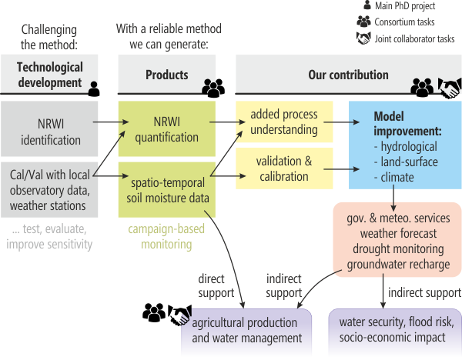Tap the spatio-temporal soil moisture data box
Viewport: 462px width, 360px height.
[167, 187]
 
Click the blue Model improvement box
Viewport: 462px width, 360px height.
[405, 146]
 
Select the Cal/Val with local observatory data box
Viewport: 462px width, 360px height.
[49, 188]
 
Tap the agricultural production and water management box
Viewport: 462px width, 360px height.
[246, 332]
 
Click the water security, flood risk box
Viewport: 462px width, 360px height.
[394, 332]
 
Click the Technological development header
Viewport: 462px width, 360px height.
[49, 75]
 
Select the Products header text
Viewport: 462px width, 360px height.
[166, 75]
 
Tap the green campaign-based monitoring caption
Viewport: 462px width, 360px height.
[167, 237]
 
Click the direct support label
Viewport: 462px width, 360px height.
[217, 285]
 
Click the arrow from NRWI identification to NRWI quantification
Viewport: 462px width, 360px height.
[107, 122]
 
